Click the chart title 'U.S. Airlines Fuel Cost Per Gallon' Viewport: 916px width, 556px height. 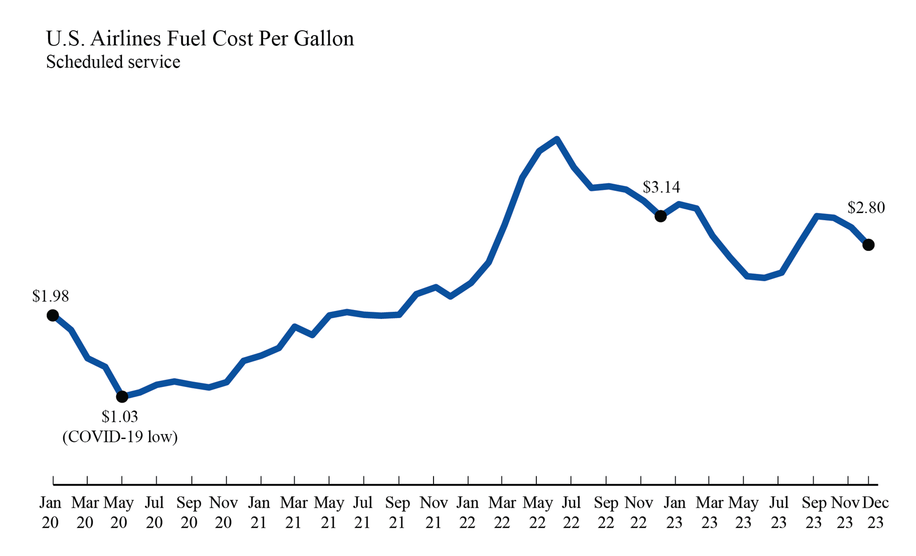pos(200,39)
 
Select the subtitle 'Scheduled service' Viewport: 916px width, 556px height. pos(113,62)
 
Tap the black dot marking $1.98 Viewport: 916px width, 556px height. pos(53,315)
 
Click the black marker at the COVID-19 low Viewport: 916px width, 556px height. pos(122,397)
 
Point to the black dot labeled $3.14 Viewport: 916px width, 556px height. pos(660,216)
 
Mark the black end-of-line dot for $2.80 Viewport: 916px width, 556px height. pos(869,245)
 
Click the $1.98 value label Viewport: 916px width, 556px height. pos(50,296)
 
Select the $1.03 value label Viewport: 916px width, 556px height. pos(120,416)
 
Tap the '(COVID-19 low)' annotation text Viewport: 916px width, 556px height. pos(120,437)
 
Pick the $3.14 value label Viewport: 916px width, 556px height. pos(661,187)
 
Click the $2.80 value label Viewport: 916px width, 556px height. pos(866,208)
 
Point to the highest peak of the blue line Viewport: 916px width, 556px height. pos(557,139)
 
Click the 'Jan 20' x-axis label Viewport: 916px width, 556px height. pos(50,512)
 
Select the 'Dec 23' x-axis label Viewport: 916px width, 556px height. pos(875,512)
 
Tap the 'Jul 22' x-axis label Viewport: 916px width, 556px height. pos(571,512)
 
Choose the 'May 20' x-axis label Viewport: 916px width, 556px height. pos(119,512)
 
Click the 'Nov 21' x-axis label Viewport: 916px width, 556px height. pos(433,512)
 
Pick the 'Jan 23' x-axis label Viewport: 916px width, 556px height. pos(675,512)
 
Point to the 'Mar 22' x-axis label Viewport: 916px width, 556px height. pos(502,512)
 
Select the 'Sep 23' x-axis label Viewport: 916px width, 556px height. pos(814,512)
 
